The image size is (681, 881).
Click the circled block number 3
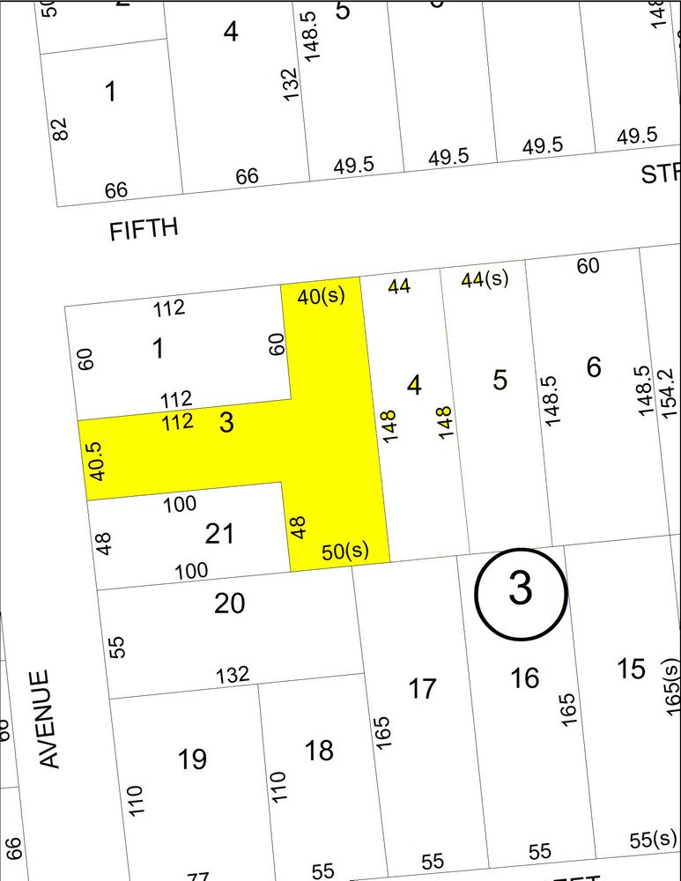(x=520, y=589)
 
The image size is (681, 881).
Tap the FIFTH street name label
(x=144, y=230)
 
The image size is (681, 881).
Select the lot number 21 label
(x=218, y=533)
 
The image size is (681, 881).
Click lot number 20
(x=229, y=603)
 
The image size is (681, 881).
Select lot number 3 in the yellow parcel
(x=226, y=423)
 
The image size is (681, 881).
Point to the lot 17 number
(x=423, y=687)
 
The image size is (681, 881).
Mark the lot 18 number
(x=319, y=750)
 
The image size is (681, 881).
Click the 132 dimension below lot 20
(x=233, y=675)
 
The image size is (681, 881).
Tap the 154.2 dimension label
(x=667, y=392)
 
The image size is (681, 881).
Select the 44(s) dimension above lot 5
(x=485, y=279)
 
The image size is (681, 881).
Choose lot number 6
(x=594, y=366)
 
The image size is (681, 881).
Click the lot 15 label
(x=631, y=669)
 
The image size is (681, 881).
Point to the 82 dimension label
(x=60, y=130)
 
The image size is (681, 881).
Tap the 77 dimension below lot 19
(x=199, y=876)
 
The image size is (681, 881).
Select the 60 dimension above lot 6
(x=588, y=264)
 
